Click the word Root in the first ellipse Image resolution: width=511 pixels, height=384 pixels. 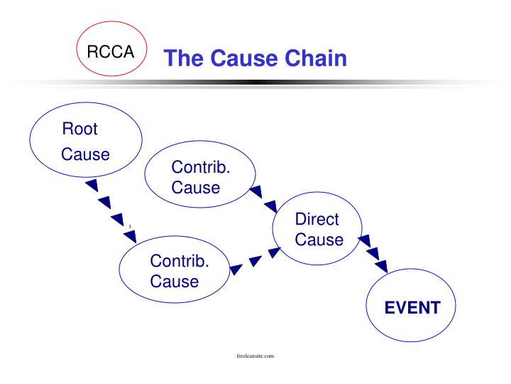click(79, 129)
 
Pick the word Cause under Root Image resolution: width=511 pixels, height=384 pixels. click(85, 154)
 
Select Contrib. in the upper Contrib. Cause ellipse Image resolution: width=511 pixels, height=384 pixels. click(201, 168)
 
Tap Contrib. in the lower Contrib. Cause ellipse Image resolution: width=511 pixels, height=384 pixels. click(180, 260)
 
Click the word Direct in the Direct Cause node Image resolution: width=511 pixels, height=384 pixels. click(317, 219)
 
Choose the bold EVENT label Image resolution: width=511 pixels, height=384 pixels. click(412, 308)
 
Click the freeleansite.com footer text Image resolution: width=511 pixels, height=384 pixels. click(255, 355)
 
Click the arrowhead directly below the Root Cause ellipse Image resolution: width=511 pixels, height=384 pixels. click(92, 186)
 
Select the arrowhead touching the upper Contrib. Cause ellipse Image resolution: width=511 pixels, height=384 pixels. click(257, 191)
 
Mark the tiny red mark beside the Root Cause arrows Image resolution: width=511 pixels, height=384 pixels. click(130, 226)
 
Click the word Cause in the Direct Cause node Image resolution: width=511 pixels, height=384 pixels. click(319, 240)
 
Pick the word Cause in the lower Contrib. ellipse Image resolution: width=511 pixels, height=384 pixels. click(175, 281)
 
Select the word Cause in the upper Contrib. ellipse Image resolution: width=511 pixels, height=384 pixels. click(196, 188)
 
